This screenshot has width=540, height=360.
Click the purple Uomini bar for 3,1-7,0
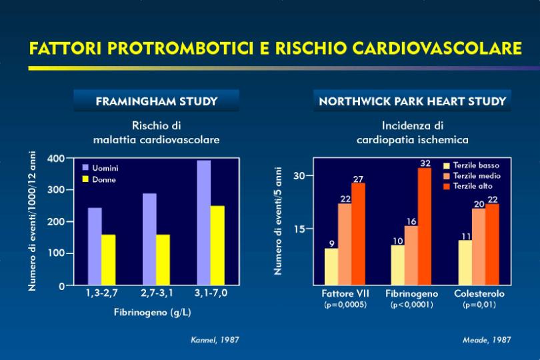point(204,223)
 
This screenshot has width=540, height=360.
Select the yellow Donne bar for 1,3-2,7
point(109,260)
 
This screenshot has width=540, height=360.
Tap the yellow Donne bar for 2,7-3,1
point(163,260)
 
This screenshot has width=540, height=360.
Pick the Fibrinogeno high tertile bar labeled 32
point(425,227)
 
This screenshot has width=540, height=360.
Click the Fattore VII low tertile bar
point(331,267)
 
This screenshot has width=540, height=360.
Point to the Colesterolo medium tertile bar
point(479,247)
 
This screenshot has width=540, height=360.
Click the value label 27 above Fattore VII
point(358,179)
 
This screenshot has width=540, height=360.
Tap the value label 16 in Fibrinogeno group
point(411,221)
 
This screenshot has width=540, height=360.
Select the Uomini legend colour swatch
point(85,168)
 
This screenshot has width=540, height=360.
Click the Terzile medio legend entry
point(472,176)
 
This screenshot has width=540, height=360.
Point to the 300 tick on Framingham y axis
point(56,190)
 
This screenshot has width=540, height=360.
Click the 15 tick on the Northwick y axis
point(299,229)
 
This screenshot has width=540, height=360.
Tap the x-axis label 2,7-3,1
point(157,293)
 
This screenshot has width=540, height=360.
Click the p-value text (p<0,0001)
point(411,305)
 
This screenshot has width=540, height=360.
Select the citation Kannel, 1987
point(215,340)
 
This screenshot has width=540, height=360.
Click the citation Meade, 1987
point(487,340)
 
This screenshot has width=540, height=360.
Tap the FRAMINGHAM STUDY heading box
point(157,101)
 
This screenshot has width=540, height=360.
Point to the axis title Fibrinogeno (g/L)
point(153,313)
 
